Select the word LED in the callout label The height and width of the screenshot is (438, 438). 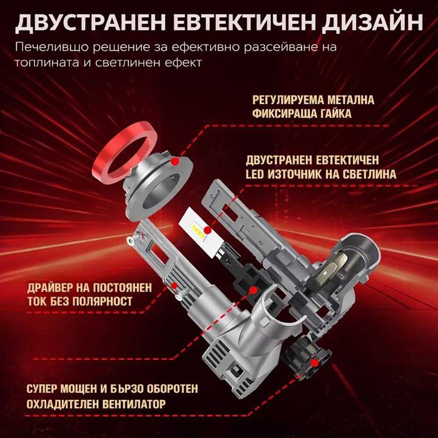262,173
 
